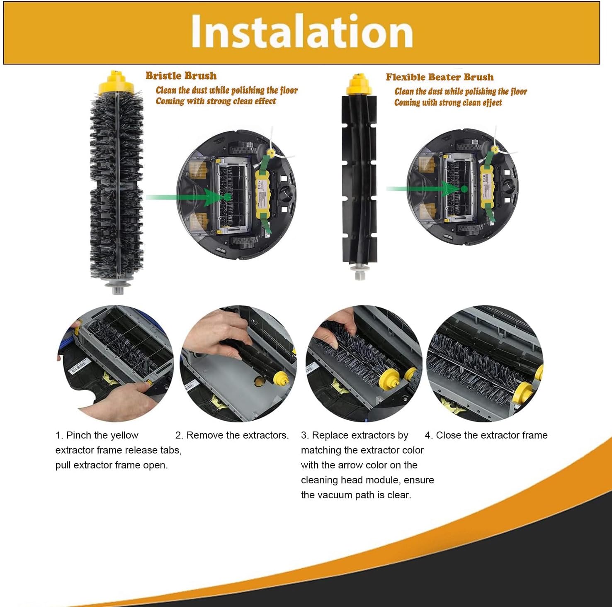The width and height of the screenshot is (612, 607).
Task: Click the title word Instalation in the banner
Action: [x=301, y=32]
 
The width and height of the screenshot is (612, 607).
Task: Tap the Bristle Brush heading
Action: [x=181, y=76]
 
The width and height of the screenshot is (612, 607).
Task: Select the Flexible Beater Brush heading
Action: [x=440, y=77]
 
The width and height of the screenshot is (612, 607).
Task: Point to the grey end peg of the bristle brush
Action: [x=118, y=286]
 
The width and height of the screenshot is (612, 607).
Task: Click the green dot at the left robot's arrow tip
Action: [x=227, y=197]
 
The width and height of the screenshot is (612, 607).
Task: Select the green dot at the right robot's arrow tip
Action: [x=464, y=189]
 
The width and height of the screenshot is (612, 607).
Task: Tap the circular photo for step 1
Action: [x=115, y=364]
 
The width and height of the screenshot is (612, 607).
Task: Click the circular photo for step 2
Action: [x=238, y=364]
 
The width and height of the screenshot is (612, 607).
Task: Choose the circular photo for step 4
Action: [x=485, y=364]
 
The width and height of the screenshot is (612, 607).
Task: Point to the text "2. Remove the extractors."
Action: [x=232, y=435]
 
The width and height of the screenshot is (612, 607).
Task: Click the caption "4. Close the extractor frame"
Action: [x=486, y=435]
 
